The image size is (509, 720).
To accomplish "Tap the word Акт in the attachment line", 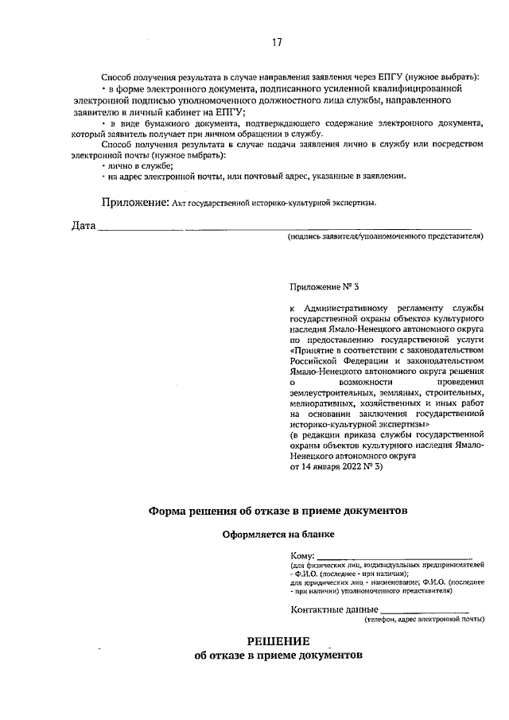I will (x=182, y=204).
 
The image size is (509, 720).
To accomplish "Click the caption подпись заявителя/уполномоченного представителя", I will (x=386, y=237).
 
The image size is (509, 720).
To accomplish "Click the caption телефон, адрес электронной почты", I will (x=424, y=619).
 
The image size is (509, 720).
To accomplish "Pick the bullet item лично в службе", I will (x=139, y=165).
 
